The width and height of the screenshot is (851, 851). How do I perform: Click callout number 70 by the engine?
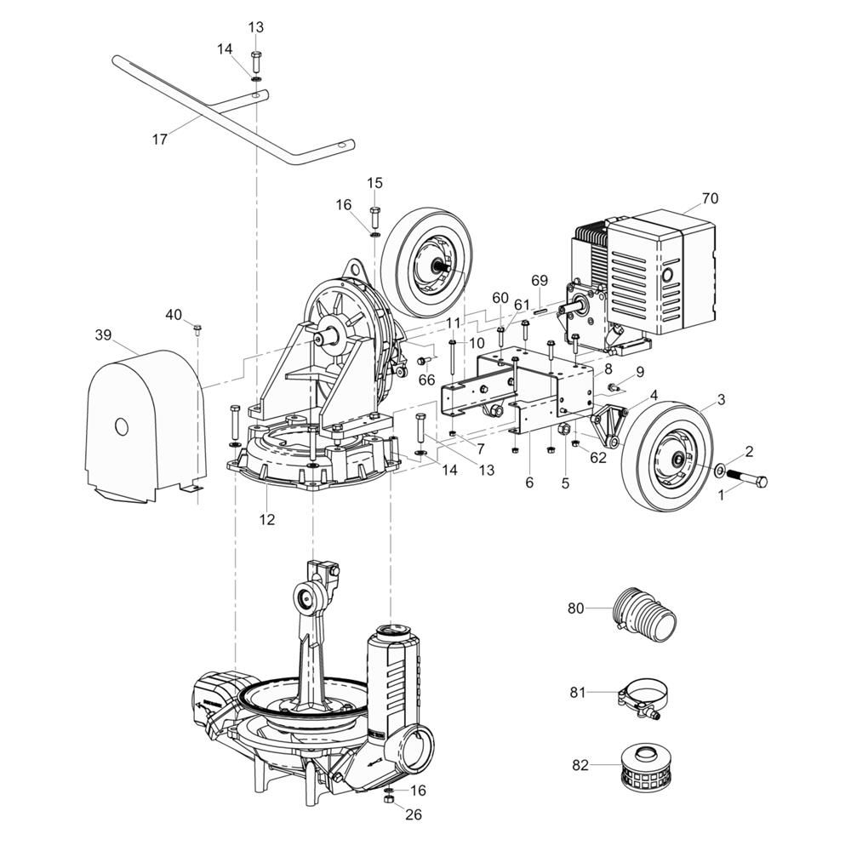click(710, 198)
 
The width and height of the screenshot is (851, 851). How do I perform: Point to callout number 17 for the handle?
click(160, 140)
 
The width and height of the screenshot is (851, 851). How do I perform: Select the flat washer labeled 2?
click(720, 468)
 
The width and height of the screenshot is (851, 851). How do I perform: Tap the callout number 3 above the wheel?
click(721, 399)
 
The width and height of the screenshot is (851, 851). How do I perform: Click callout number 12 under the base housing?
click(267, 519)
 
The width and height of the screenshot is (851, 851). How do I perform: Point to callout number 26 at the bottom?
click(414, 814)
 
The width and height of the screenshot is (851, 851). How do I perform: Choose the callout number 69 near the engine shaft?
click(540, 280)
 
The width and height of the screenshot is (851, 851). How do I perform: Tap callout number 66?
click(426, 379)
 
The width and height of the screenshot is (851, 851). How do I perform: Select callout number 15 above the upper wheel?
click(375, 183)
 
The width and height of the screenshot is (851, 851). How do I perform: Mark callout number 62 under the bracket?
click(599, 457)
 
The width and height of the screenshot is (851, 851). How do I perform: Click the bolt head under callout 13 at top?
click(257, 60)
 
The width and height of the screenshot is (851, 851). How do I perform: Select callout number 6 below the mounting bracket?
click(529, 483)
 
